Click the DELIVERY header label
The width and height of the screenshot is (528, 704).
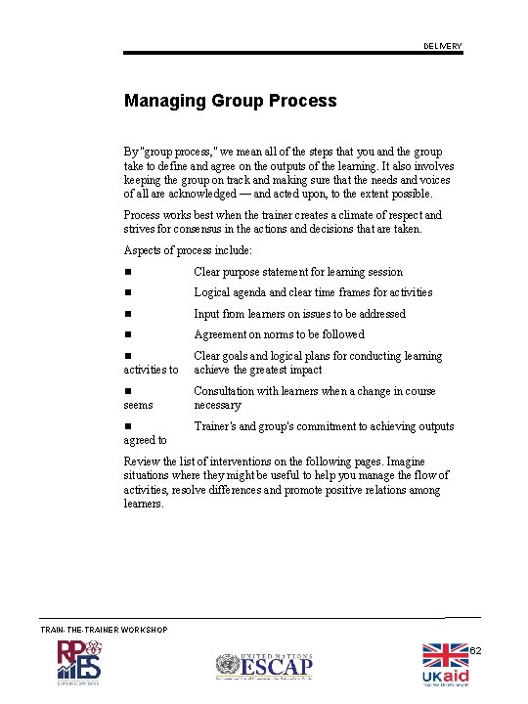coord(443,47)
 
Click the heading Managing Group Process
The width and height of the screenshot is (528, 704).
coord(230,101)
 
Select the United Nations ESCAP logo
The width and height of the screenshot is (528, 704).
coord(264,667)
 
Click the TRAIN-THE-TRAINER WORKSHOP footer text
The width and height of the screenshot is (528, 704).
coord(104,629)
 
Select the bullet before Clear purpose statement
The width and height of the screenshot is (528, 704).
coord(127,272)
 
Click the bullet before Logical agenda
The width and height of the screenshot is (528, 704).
coord(127,292)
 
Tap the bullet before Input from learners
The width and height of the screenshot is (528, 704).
coord(127,314)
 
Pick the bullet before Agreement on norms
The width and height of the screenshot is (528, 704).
coord(127,334)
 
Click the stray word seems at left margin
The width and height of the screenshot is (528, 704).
coord(138,405)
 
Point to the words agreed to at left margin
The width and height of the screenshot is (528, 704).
coord(145,440)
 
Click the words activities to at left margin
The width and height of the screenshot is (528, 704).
coord(151,370)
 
